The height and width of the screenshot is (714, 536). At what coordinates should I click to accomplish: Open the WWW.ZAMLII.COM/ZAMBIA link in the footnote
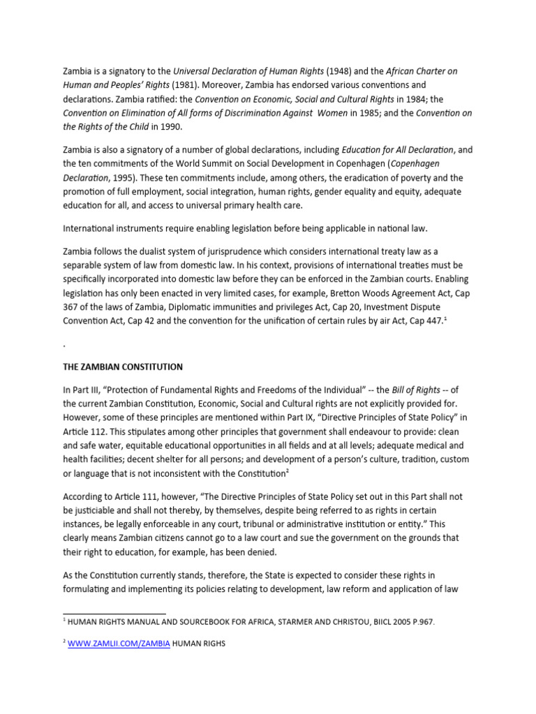(119, 644)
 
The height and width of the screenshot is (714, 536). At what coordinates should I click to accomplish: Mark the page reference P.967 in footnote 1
(420, 622)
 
